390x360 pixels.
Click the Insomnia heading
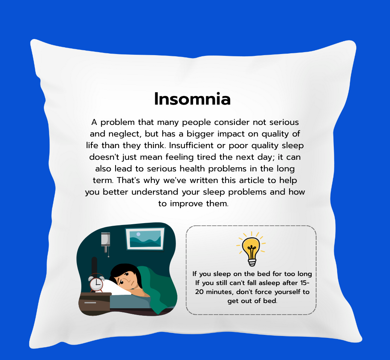click(x=192, y=99)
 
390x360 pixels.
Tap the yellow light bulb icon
click(x=251, y=249)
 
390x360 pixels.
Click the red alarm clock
click(x=96, y=283)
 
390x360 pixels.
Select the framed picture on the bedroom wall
click(x=145, y=238)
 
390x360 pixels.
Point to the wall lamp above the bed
click(x=106, y=243)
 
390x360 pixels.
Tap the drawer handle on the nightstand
click(x=90, y=303)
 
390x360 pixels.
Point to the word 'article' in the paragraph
click(x=252, y=180)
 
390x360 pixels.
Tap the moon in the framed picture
click(x=138, y=234)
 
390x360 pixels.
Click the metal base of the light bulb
click(x=252, y=262)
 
